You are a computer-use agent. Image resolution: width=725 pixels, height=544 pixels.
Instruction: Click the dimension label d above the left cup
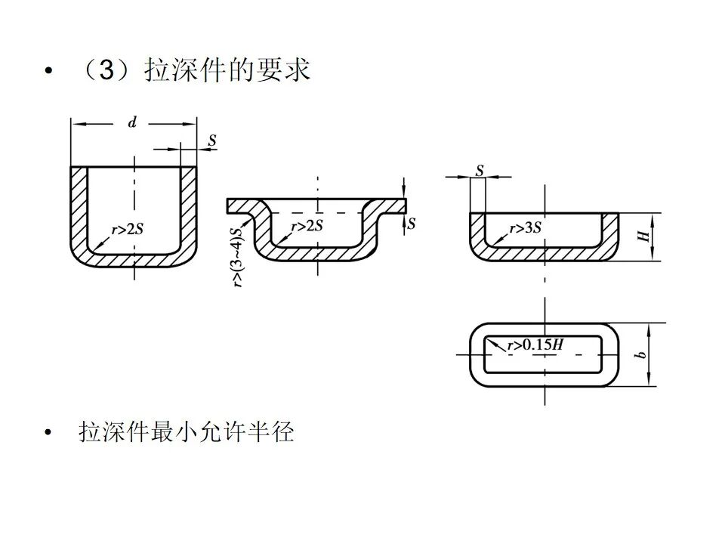click(132, 123)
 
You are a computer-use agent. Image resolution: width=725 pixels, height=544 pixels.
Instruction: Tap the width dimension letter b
click(643, 354)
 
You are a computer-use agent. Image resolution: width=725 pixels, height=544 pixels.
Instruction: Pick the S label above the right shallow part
click(479, 171)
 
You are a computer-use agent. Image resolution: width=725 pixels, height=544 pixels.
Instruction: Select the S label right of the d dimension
click(212, 141)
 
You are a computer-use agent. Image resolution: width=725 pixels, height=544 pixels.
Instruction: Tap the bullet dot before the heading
click(50, 72)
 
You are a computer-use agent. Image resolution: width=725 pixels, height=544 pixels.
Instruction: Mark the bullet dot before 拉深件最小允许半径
click(50, 433)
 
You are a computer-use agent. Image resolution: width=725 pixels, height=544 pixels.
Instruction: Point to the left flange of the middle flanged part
click(242, 206)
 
